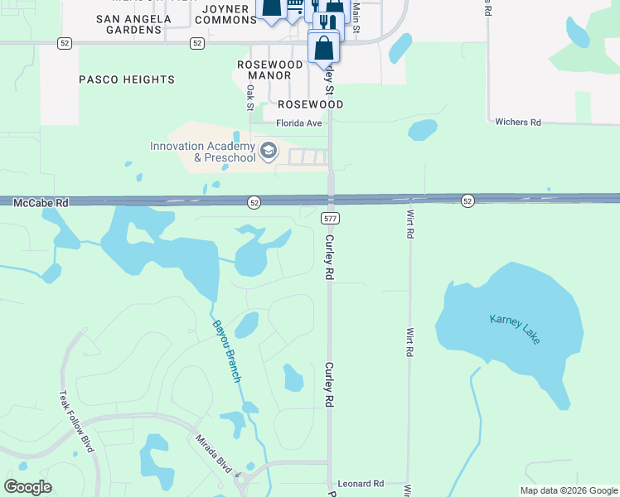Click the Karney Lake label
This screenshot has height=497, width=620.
(515, 329)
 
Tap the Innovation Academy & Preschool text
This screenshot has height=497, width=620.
(203, 152)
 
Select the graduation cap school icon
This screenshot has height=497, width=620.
(268, 151)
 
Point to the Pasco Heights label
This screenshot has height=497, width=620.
(127, 80)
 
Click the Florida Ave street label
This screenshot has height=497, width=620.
(298, 123)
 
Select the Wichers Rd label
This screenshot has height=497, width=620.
(517, 123)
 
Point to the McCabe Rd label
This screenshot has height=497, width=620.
(41, 202)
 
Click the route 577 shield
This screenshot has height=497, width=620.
(330, 217)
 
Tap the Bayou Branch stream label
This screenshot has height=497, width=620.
(226, 351)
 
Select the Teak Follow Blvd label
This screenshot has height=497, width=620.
(77, 422)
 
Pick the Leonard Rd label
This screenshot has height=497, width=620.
(361, 483)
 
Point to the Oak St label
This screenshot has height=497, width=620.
(249, 98)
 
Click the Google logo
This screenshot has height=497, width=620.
(28, 487)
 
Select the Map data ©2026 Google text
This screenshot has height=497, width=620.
(568, 490)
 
